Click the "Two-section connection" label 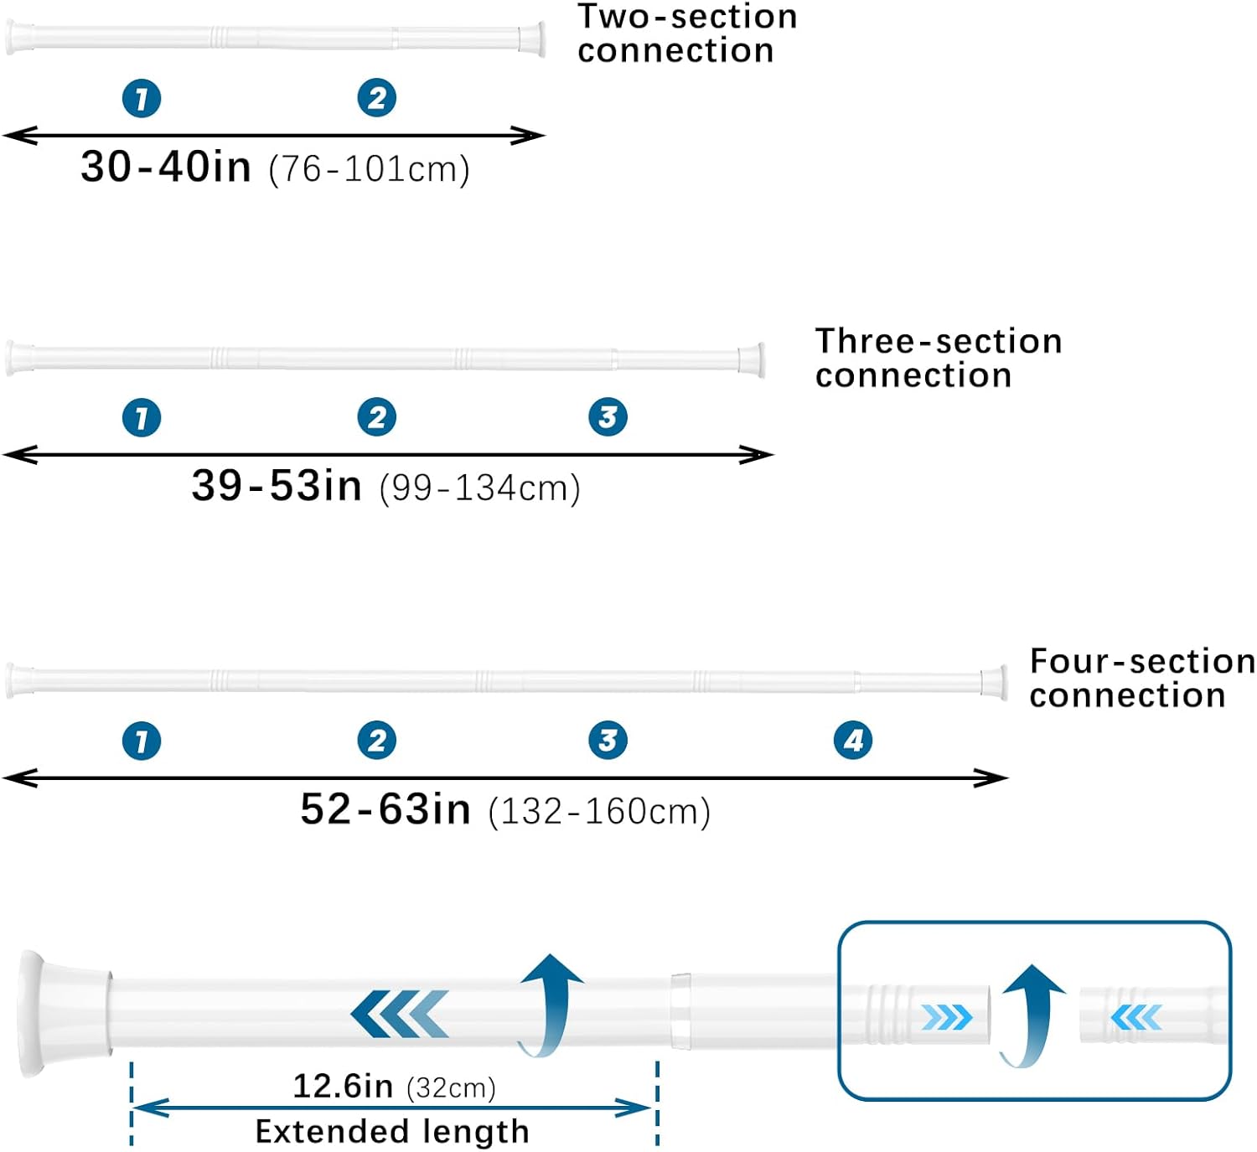pyautogui.click(x=687, y=34)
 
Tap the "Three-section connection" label pyautogui.click(x=939, y=358)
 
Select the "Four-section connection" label pyautogui.click(x=1142, y=678)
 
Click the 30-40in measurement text pyautogui.click(x=166, y=167)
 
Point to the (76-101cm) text pyautogui.click(x=369, y=169)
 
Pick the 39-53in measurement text pyautogui.click(x=277, y=485)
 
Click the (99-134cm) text pyautogui.click(x=479, y=488)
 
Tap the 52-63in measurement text pyautogui.click(x=385, y=809)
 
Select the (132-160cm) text pyautogui.click(x=599, y=812)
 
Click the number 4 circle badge pyautogui.click(x=853, y=741)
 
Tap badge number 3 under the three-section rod pyautogui.click(x=608, y=417)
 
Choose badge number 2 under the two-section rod pyautogui.click(x=377, y=98)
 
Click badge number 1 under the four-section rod pyautogui.click(x=142, y=741)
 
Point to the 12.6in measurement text pyautogui.click(x=343, y=1086)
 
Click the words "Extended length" pyautogui.click(x=392, y=1131)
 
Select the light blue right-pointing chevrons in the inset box pyautogui.click(x=946, y=1017)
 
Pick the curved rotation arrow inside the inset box pyautogui.click(x=1030, y=1015)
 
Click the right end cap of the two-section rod pyautogui.click(x=531, y=39)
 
